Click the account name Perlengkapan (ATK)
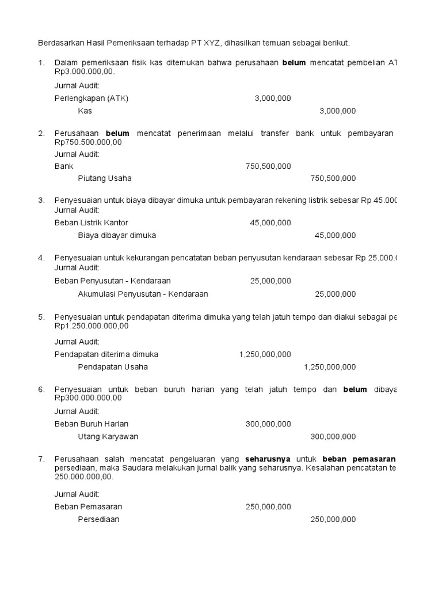click(92, 98)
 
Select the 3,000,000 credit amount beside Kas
click(337, 111)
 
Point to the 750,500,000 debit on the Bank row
click(268, 166)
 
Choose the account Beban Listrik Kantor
click(92, 222)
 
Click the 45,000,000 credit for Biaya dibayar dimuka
click(335, 235)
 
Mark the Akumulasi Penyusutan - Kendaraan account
click(143, 294)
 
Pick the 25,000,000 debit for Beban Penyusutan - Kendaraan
click(270, 281)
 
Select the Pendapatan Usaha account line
click(113, 367)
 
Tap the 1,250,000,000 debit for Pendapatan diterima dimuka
click(265, 354)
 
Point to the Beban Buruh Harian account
click(92, 423)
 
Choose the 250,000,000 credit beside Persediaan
click(333, 519)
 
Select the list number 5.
click(41, 317)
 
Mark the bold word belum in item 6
click(355, 389)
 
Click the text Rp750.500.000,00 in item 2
click(88, 142)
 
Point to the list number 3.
click(41, 201)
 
